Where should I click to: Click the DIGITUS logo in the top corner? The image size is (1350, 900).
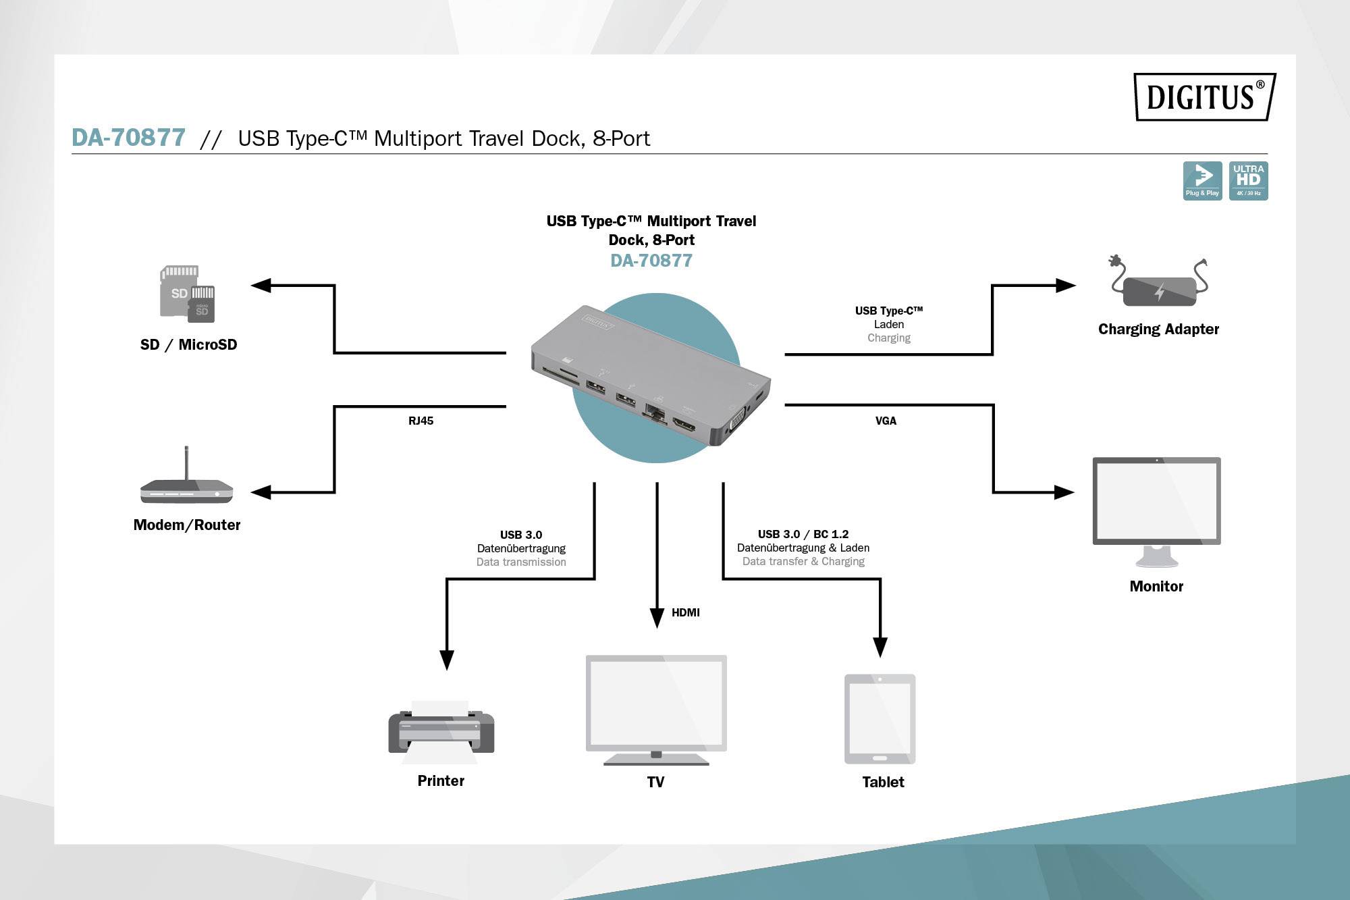pyautogui.click(x=1204, y=97)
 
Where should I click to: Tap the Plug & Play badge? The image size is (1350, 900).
pyautogui.click(x=1202, y=180)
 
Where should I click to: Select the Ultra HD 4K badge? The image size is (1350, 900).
pyautogui.click(x=1248, y=180)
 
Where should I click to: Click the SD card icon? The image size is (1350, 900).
pyautogui.click(x=187, y=294)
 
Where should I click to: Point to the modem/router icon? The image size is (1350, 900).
pyautogui.click(x=187, y=480)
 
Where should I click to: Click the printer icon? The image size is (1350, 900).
pyautogui.click(x=441, y=733)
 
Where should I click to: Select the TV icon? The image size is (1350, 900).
pyautogui.click(x=656, y=709)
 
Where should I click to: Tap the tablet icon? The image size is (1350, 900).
pyautogui.click(x=880, y=718)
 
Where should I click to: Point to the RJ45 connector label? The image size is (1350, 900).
pyautogui.click(x=421, y=421)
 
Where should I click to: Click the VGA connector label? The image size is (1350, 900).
pyautogui.click(x=886, y=421)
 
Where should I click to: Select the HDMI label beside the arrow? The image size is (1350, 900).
pyautogui.click(x=685, y=612)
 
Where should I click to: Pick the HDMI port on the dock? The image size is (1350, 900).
pyautogui.click(x=684, y=425)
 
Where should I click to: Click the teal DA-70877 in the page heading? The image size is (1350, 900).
pyautogui.click(x=128, y=138)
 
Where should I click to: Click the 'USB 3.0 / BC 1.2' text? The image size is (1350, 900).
pyautogui.click(x=803, y=534)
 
